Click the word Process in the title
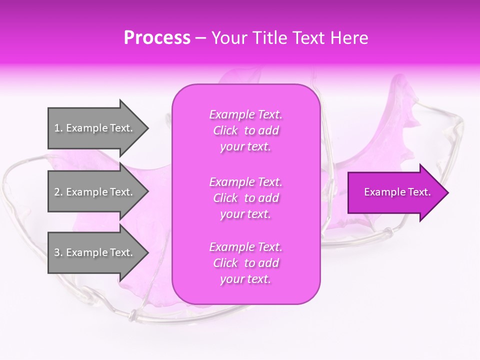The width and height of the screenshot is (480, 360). pyautogui.click(x=157, y=38)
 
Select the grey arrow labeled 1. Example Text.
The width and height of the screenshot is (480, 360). pyautogui.click(x=95, y=128)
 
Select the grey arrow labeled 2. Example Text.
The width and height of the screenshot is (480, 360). pyautogui.click(x=95, y=192)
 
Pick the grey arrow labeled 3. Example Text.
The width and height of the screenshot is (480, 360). pyautogui.click(x=95, y=252)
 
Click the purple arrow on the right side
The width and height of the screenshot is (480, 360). pyautogui.click(x=395, y=192)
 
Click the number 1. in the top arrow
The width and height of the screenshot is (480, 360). pyautogui.click(x=58, y=128)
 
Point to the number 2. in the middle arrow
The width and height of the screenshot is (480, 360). pyautogui.click(x=58, y=192)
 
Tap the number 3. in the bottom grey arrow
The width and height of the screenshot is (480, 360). pyautogui.click(x=58, y=252)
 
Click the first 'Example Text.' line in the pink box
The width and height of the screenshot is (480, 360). pyautogui.click(x=245, y=114)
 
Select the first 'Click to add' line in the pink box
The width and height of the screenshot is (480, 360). pyautogui.click(x=245, y=130)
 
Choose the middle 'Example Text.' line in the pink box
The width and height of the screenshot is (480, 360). pyautogui.click(x=245, y=181)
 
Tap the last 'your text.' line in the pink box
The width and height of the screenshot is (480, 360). pyautogui.click(x=245, y=279)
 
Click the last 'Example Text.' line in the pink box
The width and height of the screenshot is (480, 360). pyautogui.click(x=245, y=247)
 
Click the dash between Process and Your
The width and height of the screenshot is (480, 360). pyautogui.click(x=200, y=38)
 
